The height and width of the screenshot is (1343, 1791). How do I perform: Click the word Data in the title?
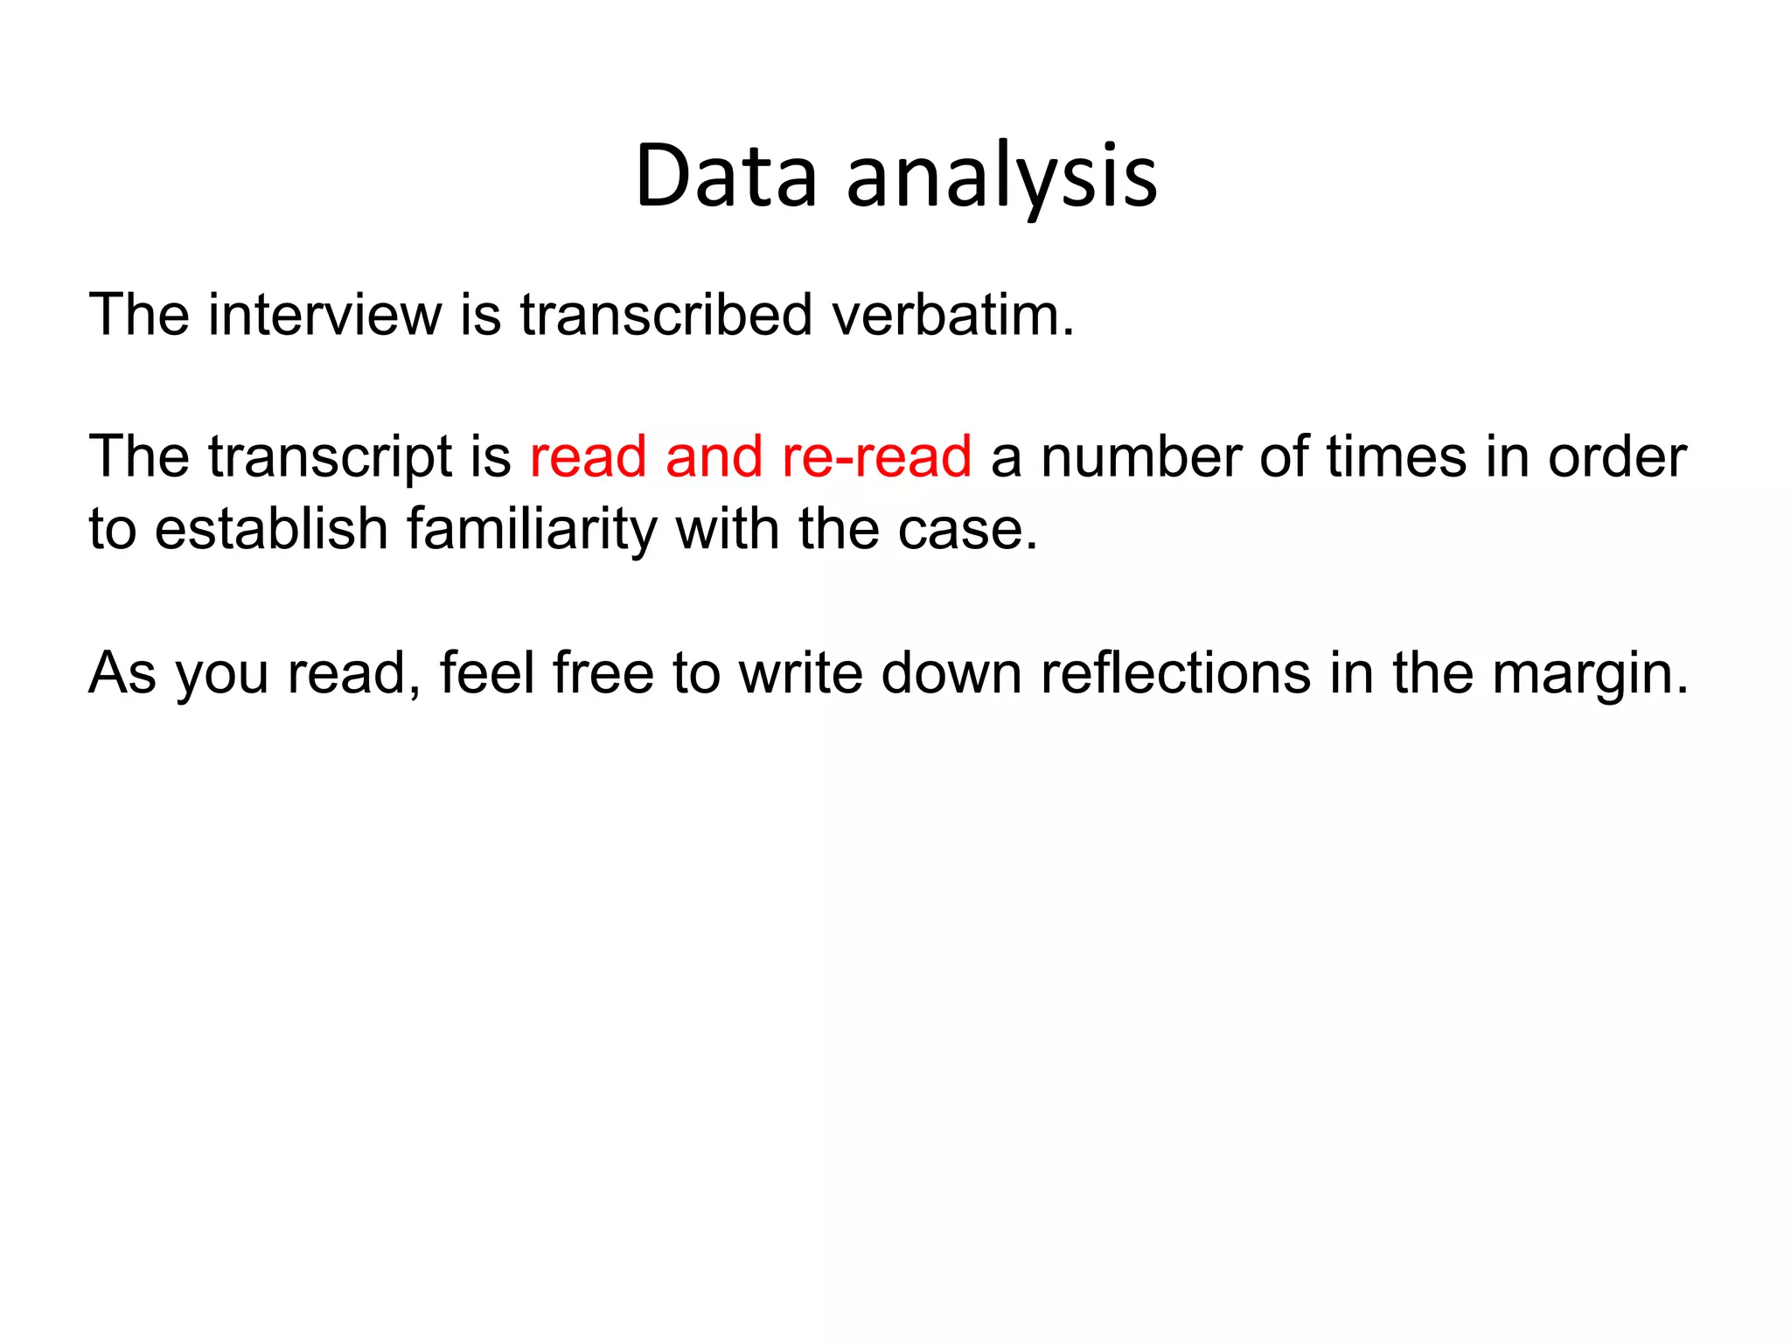[x=726, y=177]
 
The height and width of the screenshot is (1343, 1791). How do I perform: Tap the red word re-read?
[x=876, y=456]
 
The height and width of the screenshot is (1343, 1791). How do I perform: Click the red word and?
[x=714, y=456]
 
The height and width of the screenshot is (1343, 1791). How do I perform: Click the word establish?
[x=271, y=529]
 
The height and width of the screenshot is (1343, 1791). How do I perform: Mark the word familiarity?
[x=532, y=529]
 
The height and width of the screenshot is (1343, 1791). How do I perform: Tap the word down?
[x=951, y=672]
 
